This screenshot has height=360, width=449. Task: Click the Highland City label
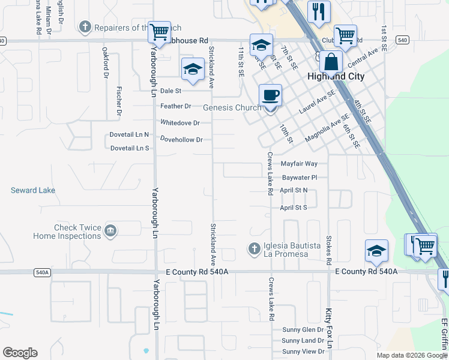point(335,76)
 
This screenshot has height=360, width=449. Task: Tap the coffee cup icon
point(270,94)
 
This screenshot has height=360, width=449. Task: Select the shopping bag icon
point(331,61)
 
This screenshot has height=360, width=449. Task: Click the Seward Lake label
point(33,190)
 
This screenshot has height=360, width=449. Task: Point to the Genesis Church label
point(232,108)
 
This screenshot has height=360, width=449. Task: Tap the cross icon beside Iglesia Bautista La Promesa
point(254,247)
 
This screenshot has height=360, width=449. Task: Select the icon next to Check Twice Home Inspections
point(110,230)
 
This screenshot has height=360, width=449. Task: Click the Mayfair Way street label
point(299,163)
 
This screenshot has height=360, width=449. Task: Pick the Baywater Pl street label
point(299,178)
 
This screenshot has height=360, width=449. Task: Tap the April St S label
point(294,208)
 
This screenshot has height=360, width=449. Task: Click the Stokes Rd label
point(328,250)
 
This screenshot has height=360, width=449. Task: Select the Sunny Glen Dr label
point(303,330)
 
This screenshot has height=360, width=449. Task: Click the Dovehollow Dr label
point(181,139)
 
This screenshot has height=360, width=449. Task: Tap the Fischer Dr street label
point(119,102)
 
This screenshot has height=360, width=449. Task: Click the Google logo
point(20,353)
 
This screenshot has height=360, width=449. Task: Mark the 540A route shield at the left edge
point(42,272)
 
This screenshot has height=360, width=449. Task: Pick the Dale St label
point(170,91)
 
